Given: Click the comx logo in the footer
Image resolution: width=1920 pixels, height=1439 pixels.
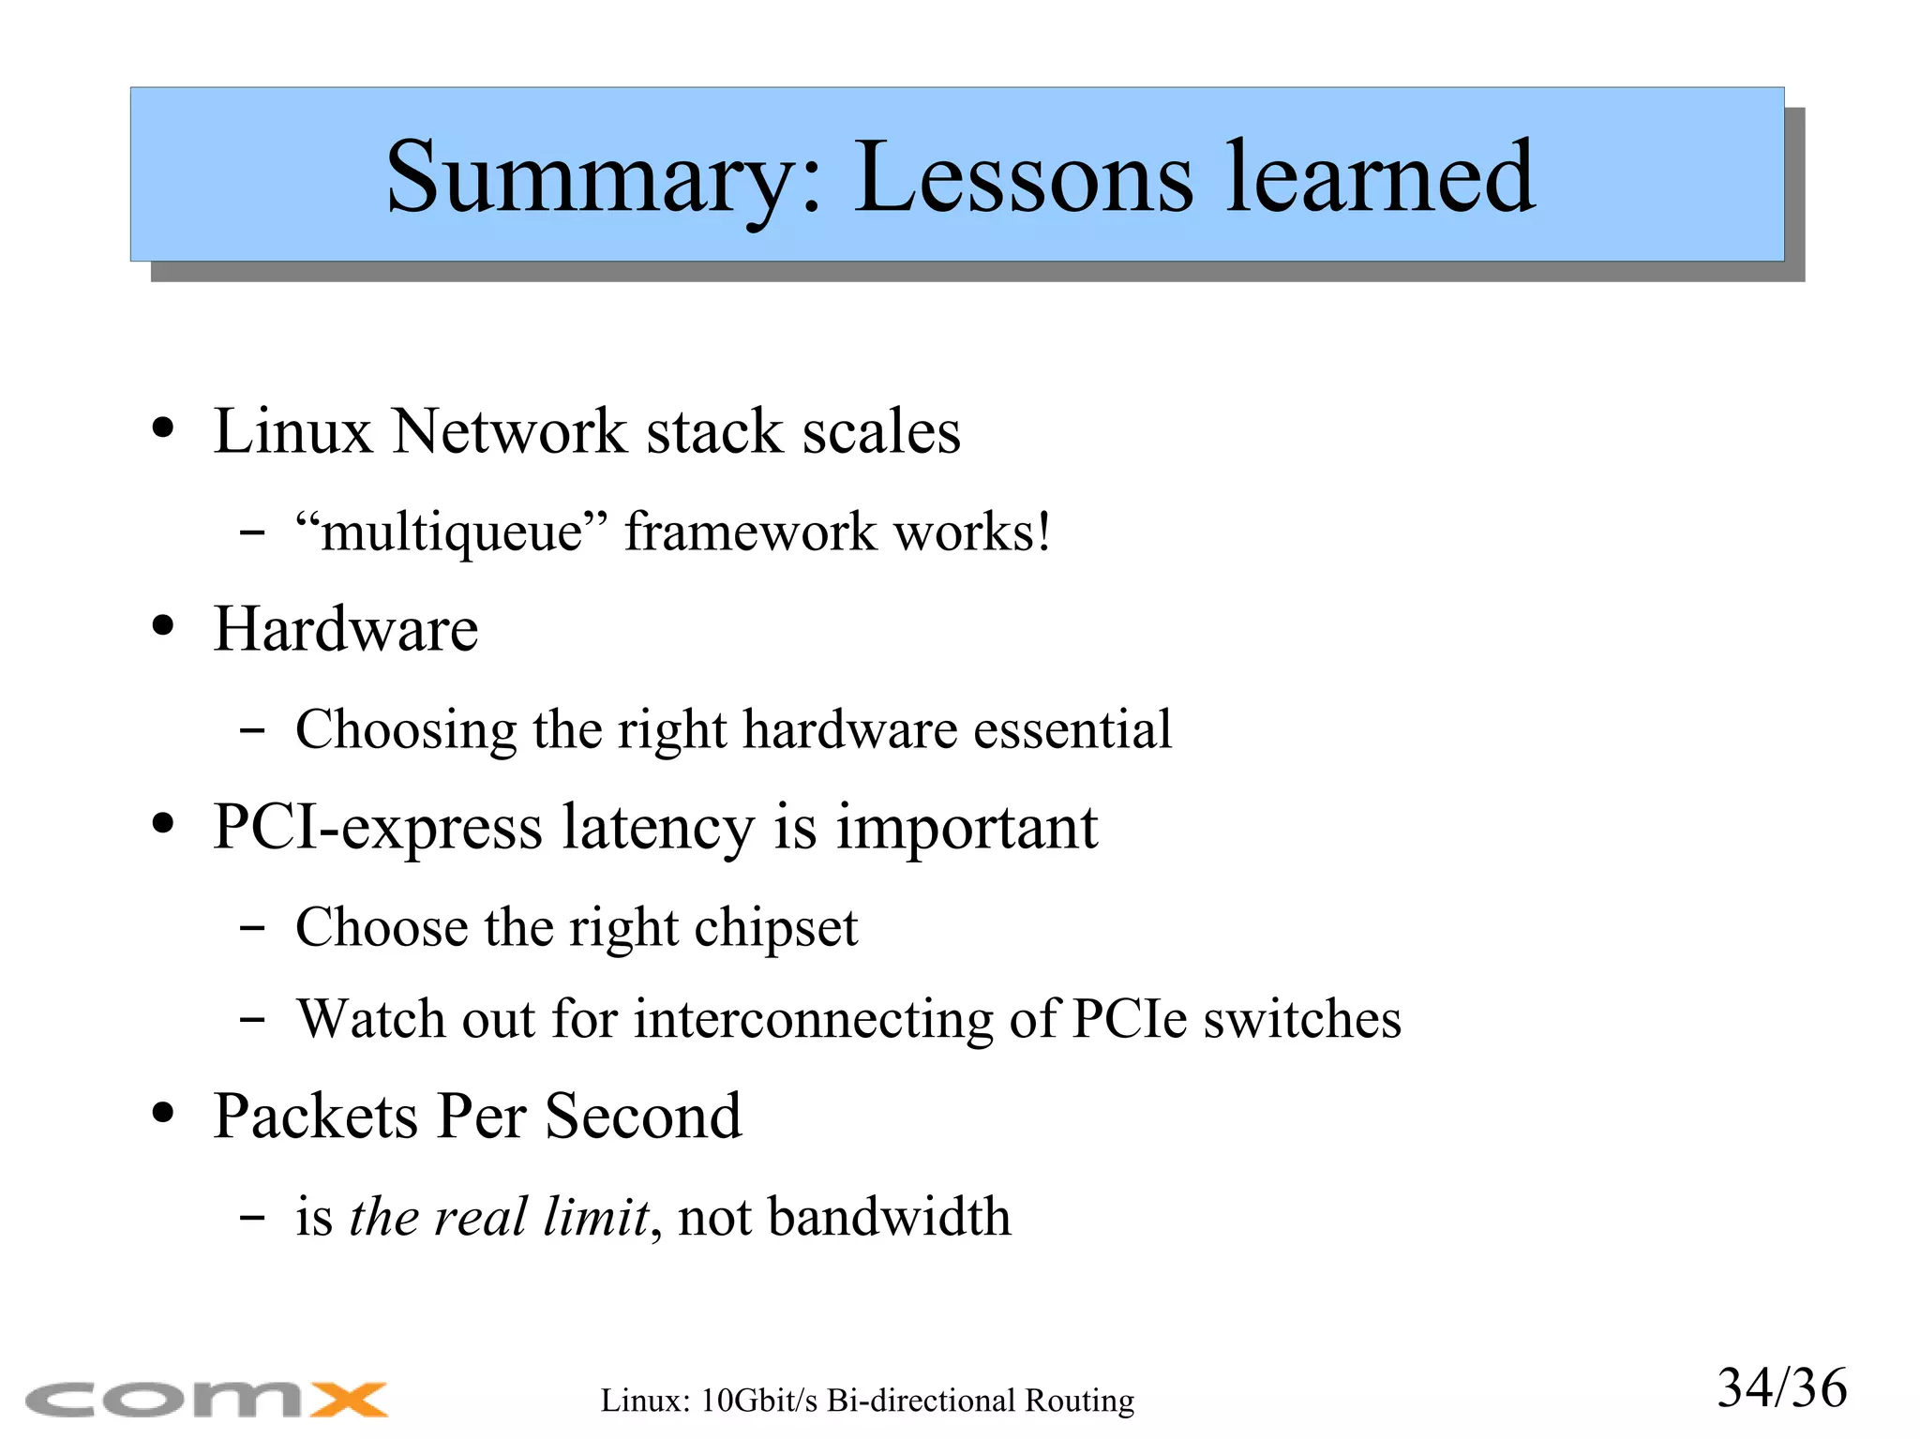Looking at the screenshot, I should tap(207, 1400).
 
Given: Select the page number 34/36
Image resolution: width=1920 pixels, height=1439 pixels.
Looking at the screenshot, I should tap(1781, 1388).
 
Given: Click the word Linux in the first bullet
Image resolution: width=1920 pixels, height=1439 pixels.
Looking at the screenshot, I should tap(292, 432).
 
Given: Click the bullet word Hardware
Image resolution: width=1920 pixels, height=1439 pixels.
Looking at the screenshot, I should tap(346, 629).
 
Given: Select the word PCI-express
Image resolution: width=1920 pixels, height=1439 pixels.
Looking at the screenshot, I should tap(378, 829).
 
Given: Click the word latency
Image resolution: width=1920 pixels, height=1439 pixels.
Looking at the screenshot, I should tap(657, 829).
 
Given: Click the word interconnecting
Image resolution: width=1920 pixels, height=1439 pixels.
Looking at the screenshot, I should tap(813, 1020).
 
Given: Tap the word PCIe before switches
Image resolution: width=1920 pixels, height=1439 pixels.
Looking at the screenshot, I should tap(1129, 1019).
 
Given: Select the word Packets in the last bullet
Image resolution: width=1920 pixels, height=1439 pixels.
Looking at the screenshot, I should tap(315, 1117).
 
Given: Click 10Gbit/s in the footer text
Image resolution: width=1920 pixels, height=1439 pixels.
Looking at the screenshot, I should tap(759, 1401).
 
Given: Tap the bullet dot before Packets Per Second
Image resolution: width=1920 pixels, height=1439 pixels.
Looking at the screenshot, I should tap(163, 1115).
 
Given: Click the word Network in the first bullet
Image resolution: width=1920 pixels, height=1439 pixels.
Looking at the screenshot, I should tap(508, 432).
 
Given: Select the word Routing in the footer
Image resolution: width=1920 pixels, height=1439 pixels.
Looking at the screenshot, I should tap(1079, 1401).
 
